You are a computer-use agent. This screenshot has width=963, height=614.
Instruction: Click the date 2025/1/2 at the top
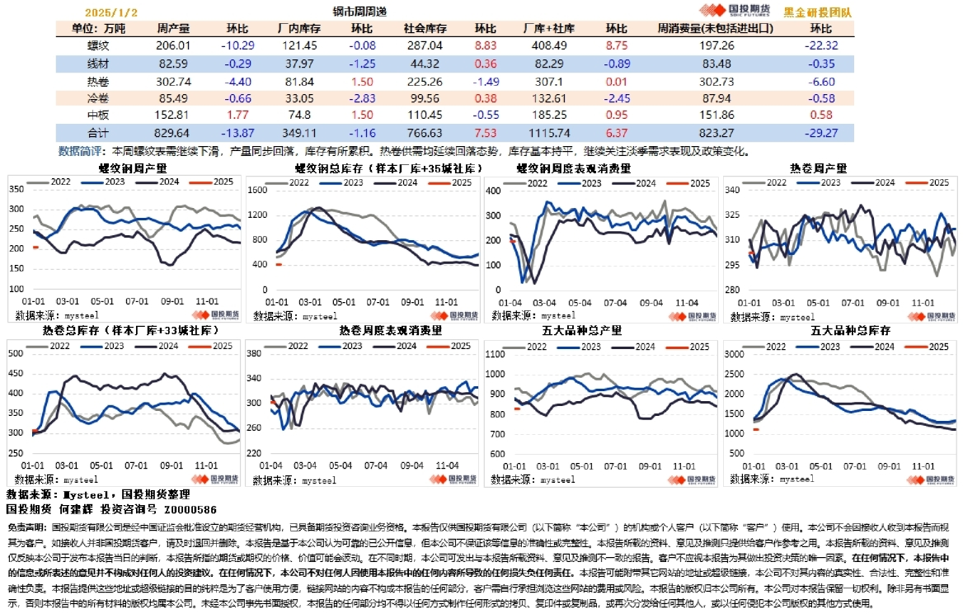111,12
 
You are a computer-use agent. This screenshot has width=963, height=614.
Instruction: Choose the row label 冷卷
98,97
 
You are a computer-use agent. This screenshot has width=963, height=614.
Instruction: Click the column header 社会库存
424,28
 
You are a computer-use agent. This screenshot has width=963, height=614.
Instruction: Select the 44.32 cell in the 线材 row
425,63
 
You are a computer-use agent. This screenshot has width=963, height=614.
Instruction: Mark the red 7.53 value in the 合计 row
486,132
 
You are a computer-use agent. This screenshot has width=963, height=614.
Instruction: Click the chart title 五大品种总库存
841,330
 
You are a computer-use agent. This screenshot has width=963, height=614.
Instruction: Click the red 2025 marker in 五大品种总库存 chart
755,429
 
